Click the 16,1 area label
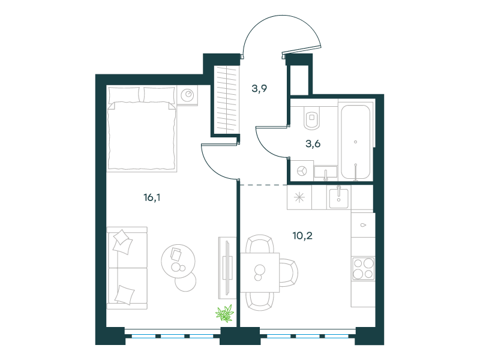click(x=152, y=197)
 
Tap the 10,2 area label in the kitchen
click(x=302, y=236)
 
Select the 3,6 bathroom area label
click(x=313, y=143)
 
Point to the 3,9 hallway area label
click(x=259, y=88)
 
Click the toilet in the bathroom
click(x=312, y=117)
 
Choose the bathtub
click(x=356, y=142)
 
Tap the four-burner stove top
click(x=364, y=268)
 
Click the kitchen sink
click(x=338, y=198)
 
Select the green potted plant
click(x=224, y=313)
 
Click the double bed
click(x=142, y=128)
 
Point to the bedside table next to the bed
click(x=187, y=95)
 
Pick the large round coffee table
click(x=178, y=261)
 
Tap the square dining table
click(x=260, y=272)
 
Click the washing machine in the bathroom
click(x=302, y=170)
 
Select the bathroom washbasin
click(x=325, y=172)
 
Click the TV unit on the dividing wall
click(x=227, y=268)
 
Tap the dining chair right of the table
click(x=289, y=273)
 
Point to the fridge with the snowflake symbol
click(x=299, y=197)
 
